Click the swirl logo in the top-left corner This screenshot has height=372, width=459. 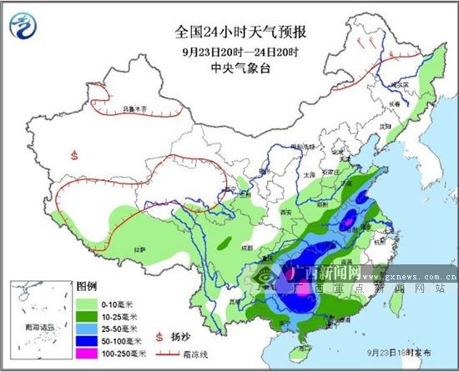pyautogui.click(x=26, y=27)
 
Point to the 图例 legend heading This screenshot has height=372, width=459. pyautogui.click(x=87, y=285)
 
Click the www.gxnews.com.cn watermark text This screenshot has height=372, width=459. pyautogui.click(x=409, y=274)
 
